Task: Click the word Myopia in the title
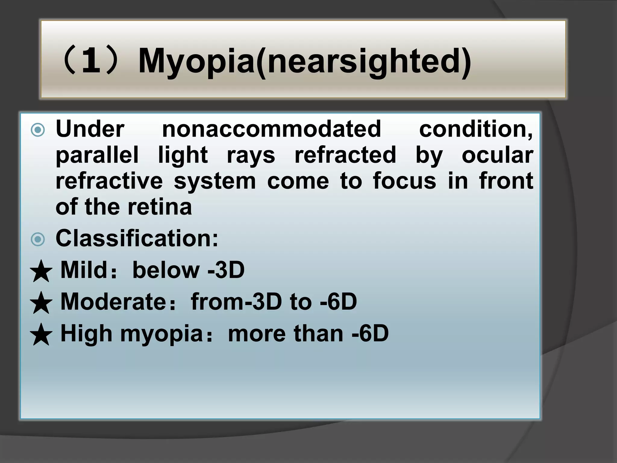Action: click(x=196, y=62)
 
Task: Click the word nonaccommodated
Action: click(x=271, y=129)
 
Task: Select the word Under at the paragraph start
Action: click(x=90, y=129)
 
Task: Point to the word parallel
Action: click(x=97, y=155)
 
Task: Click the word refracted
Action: click(x=345, y=155)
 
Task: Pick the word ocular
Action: click(x=497, y=155)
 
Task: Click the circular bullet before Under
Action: click(x=38, y=130)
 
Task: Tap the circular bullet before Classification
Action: click(x=38, y=240)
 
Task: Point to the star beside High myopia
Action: click(x=41, y=335)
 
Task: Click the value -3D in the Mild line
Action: click(x=226, y=270)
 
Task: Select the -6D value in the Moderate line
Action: click(x=338, y=302)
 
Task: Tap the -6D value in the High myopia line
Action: click(x=370, y=333)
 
